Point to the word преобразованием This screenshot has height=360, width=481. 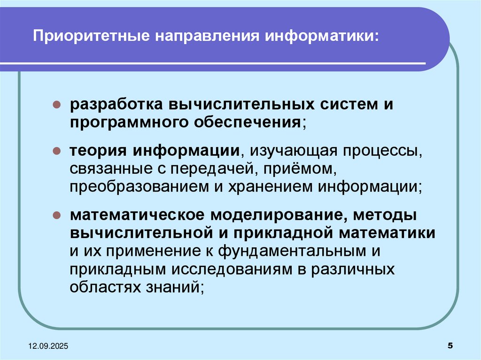click(x=134, y=186)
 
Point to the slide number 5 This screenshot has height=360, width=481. click(x=450, y=346)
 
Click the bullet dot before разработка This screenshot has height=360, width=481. click(x=55, y=104)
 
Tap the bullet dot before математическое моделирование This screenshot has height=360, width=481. click(x=55, y=216)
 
